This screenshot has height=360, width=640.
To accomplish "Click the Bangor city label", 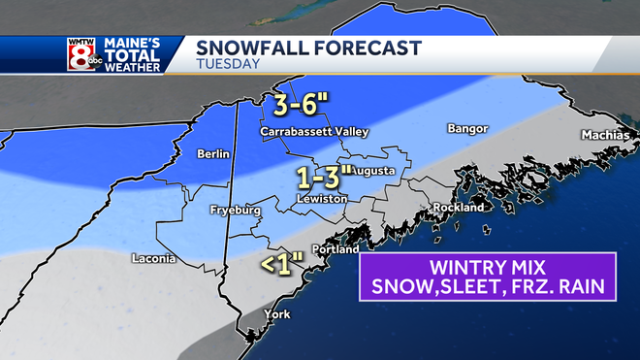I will tap(466, 128).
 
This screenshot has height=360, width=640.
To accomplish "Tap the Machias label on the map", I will tap(604, 134).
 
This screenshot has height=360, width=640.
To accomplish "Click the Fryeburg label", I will tap(235, 210).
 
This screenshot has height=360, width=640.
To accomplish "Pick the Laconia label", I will tap(154, 258).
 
